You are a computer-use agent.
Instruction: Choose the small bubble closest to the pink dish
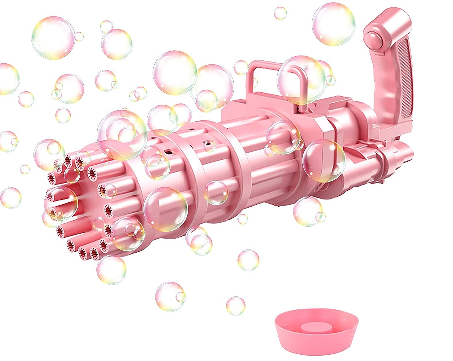click(236, 297)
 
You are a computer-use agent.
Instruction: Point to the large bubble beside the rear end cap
click(324, 161)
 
